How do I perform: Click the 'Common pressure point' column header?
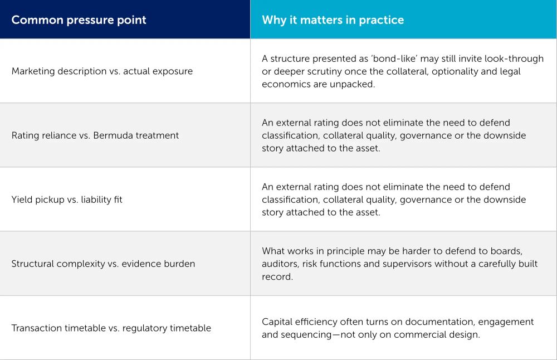click(x=79, y=20)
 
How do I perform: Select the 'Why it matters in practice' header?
click(x=333, y=20)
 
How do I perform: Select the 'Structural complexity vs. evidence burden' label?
click(x=103, y=264)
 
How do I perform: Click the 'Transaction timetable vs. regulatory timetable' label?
click(x=111, y=328)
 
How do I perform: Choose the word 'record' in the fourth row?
click(x=277, y=276)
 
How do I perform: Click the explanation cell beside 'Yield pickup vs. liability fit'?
click(x=403, y=200)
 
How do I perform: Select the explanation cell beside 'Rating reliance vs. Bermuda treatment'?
click(x=403, y=135)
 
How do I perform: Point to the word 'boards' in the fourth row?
click(x=506, y=251)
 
